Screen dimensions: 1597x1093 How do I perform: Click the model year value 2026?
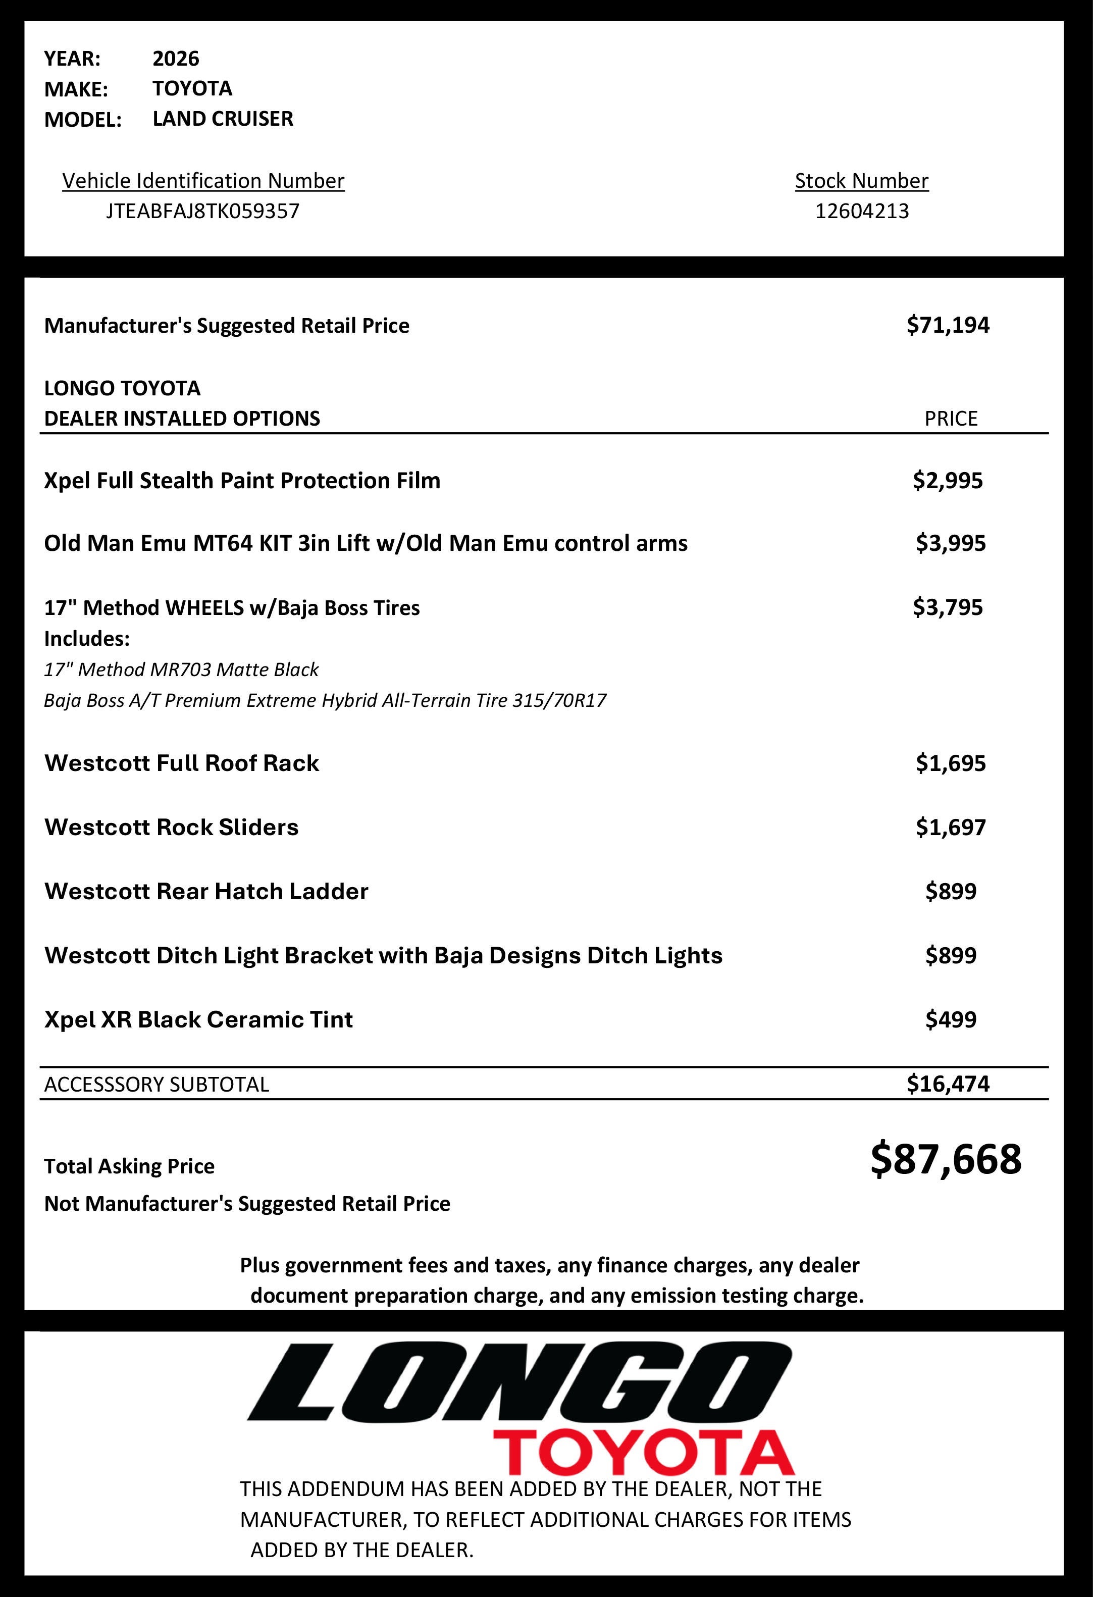pyautogui.click(x=175, y=59)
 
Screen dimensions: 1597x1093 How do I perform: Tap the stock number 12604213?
pyautogui.click(x=861, y=211)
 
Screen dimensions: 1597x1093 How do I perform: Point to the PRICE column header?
pyautogui.click(x=951, y=419)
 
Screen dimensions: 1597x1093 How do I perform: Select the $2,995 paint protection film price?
pyautogui.click(x=948, y=480)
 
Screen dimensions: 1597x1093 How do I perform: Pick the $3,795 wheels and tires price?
pyautogui.click(x=948, y=607)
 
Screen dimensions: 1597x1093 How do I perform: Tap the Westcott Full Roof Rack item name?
pyautogui.click(x=181, y=763)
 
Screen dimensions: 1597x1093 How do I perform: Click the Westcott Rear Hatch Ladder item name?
pyautogui.click(x=206, y=891)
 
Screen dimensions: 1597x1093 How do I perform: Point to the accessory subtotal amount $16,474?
pyautogui.click(x=948, y=1084)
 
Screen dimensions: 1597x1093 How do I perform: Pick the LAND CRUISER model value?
pyautogui.click(x=223, y=119)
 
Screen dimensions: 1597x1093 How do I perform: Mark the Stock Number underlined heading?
pyautogui.click(x=861, y=181)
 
